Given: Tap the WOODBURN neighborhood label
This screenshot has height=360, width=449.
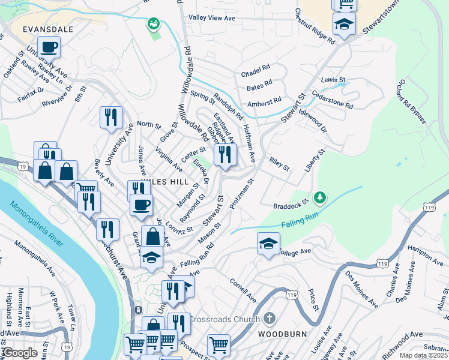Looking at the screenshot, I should click(x=282, y=334).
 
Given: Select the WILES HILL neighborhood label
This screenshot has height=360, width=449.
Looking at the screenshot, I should click(x=166, y=181).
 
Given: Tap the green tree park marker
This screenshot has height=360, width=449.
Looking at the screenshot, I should click(x=321, y=197).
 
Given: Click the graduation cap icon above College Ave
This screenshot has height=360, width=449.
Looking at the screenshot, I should click(x=268, y=242).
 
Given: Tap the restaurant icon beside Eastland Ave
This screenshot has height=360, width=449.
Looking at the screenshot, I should click(x=225, y=155).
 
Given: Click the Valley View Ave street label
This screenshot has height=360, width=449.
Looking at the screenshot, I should click(x=212, y=19).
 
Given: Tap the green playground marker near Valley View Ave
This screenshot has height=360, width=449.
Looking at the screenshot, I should click(x=154, y=24).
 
